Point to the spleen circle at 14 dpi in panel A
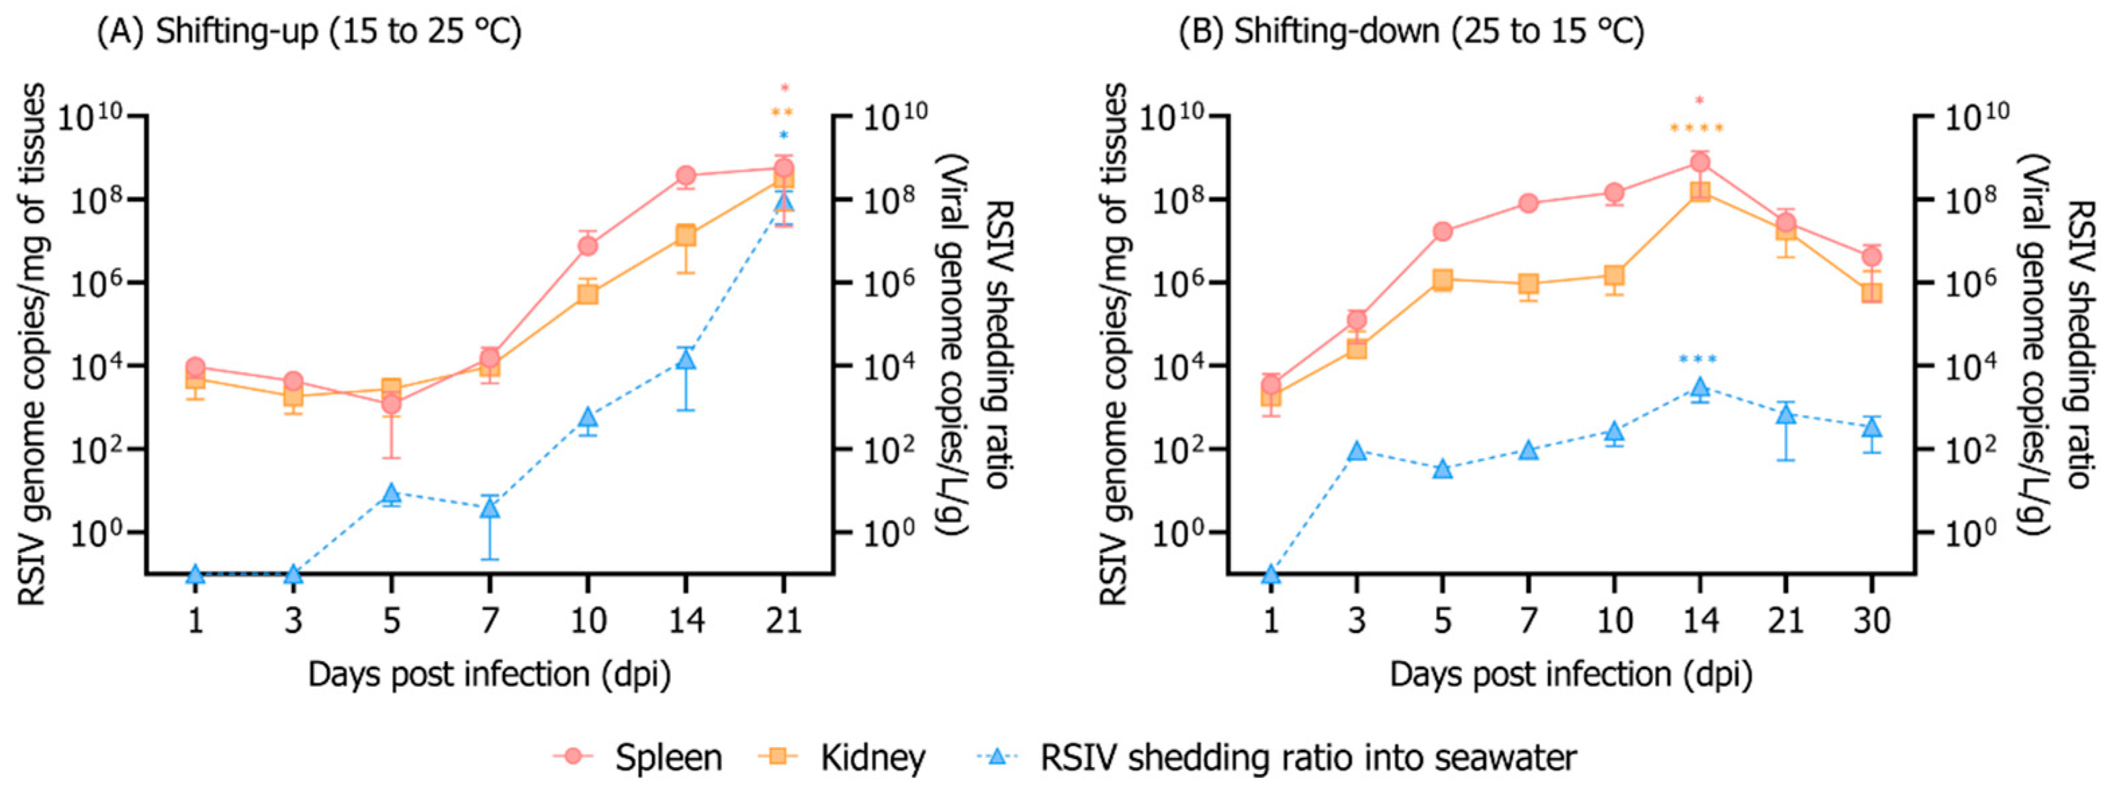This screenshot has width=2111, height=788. point(686,175)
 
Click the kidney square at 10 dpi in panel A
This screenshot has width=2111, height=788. point(588,293)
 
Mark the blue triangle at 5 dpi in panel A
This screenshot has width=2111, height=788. point(391,493)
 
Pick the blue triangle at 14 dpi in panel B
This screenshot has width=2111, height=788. point(1700,387)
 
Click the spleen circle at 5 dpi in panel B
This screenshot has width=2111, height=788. point(1442,232)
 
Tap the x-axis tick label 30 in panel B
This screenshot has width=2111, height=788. point(1872,620)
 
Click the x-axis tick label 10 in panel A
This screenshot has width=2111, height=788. point(588,620)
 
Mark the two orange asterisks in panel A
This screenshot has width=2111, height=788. point(782,113)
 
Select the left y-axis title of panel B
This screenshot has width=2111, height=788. point(1114,344)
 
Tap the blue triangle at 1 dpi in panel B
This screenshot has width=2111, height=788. point(1271,574)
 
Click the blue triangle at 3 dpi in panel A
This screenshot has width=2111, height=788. point(294,574)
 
